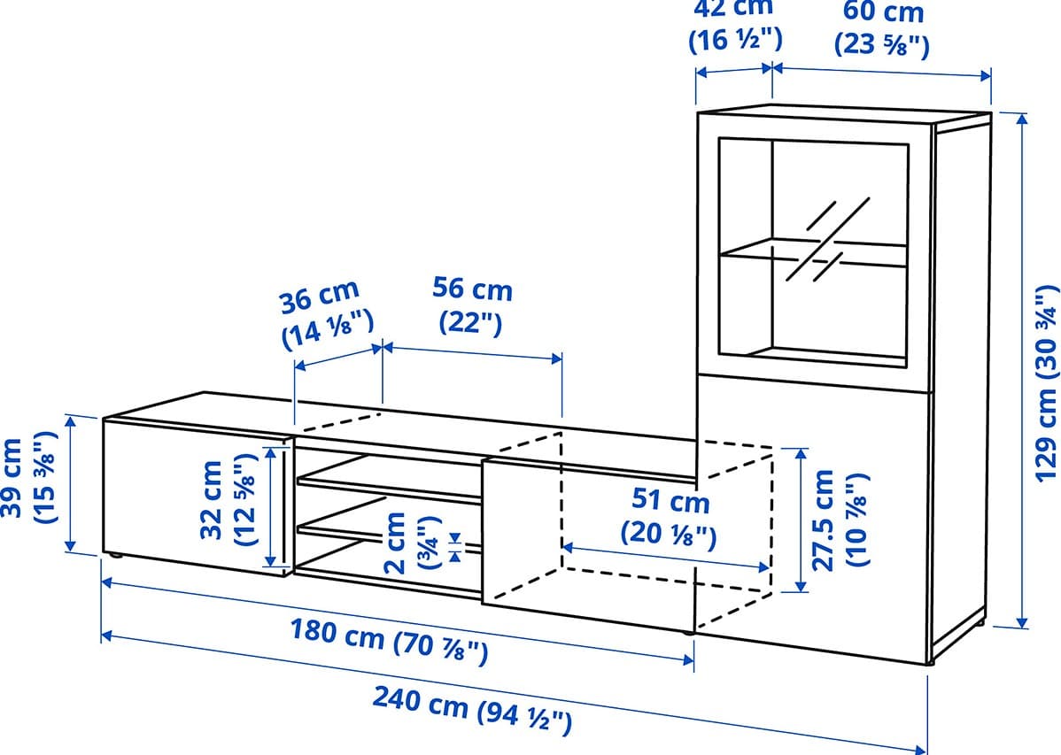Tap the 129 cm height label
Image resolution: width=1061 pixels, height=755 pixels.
(1045, 383)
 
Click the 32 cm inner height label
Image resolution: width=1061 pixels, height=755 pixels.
(228, 499)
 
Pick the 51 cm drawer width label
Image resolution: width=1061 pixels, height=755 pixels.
(669, 516)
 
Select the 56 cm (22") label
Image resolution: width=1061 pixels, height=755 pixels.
(472, 305)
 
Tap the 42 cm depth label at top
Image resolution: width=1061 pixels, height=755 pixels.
(735, 26)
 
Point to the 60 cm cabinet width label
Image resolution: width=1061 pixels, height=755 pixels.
(882, 28)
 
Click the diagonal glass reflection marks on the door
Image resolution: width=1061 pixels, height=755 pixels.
(828, 239)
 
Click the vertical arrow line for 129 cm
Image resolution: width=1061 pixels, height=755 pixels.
(1023, 371)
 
